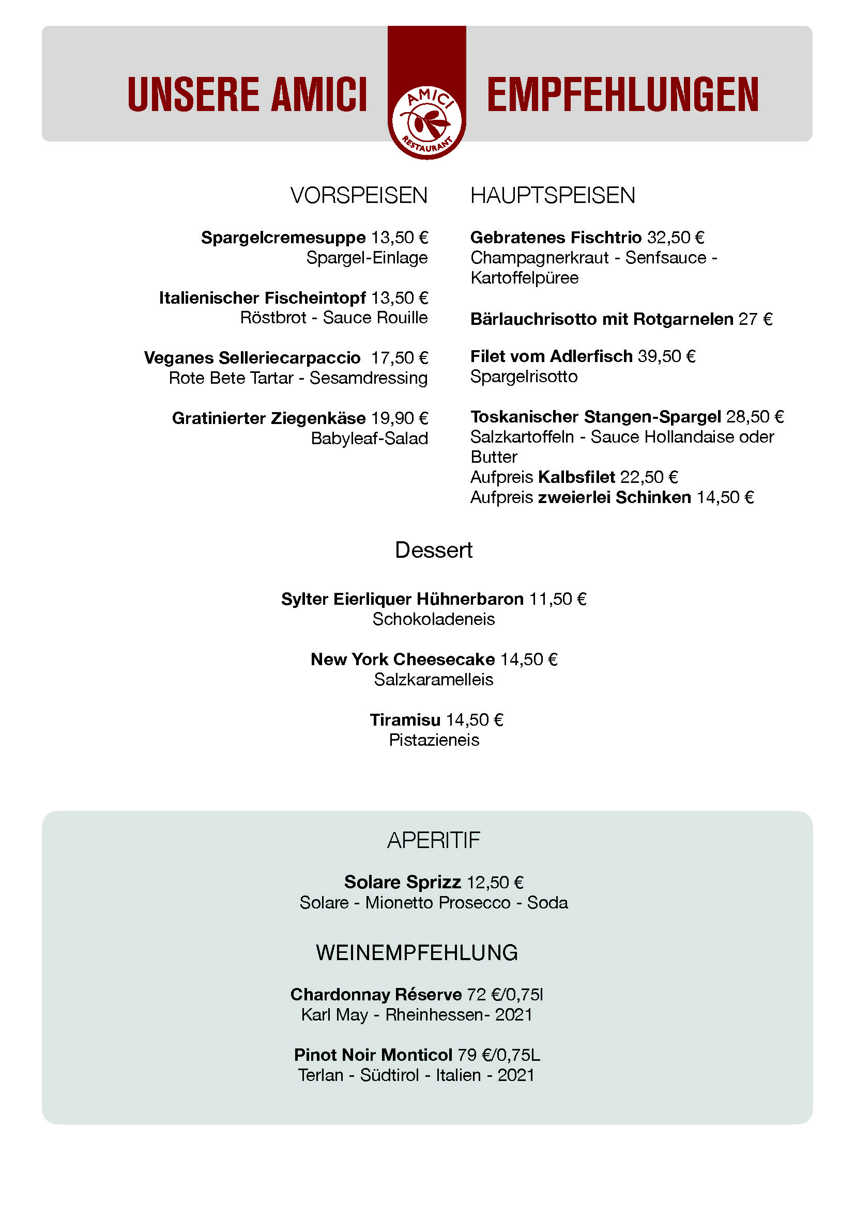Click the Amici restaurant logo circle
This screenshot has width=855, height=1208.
tap(427, 122)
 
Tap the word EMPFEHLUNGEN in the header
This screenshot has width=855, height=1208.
tap(622, 95)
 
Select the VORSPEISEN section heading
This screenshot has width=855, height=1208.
tap(359, 196)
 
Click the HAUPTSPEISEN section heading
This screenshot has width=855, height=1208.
tap(552, 196)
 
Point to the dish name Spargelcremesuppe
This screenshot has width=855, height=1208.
tap(283, 238)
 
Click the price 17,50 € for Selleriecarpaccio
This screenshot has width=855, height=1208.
tap(400, 358)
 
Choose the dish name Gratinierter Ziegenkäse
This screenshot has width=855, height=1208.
tap(268, 418)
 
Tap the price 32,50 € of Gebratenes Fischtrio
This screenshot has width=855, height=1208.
tap(676, 238)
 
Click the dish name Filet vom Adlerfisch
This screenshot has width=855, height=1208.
tap(551, 357)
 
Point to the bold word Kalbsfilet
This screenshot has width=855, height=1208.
tap(576, 477)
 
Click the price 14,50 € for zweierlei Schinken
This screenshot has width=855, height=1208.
tap(725, 498)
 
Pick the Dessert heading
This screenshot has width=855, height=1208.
tap(433, 551)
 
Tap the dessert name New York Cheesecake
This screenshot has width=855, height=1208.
tap(403, 660)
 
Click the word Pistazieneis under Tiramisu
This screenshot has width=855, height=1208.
tap(434, 740)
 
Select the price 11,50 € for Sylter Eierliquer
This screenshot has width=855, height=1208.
tap(558, 599)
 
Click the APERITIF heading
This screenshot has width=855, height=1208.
tap(433, 841)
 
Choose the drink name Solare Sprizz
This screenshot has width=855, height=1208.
tap(403, 882)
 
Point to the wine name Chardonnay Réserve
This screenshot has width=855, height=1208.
tap(376, 995)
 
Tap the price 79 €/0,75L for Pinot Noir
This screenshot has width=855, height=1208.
tap(498, 1056)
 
